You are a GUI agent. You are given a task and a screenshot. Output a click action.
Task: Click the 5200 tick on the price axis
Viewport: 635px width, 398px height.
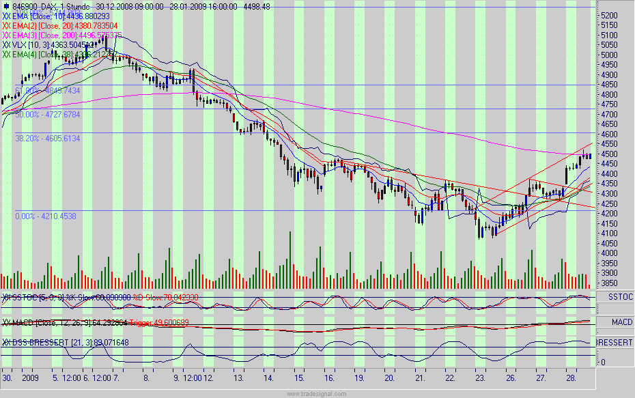[608, 15]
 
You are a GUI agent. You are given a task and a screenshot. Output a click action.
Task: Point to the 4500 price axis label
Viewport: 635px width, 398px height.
[608, 154]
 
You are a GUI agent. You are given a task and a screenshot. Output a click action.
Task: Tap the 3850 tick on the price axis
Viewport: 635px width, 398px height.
[608, 283]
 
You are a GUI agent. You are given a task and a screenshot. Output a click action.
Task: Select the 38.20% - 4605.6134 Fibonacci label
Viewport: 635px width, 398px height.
[48, 139]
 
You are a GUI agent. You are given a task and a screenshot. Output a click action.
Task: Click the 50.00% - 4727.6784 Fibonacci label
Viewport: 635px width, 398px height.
[48, 115]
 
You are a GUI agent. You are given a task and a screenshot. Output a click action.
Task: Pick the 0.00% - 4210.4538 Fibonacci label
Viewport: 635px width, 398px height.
[46, 216]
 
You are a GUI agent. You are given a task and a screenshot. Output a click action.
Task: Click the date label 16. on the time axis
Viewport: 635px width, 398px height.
[329, 377]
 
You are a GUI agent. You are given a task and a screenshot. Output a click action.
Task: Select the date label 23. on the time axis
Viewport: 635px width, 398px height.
[481, 377]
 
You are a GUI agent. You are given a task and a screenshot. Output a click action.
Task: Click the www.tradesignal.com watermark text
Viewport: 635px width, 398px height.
[317, 394]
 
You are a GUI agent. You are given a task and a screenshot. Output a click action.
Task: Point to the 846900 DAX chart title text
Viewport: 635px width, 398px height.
[38, 7]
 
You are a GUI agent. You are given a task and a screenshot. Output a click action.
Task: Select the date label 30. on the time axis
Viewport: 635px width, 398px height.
[7, 377]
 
